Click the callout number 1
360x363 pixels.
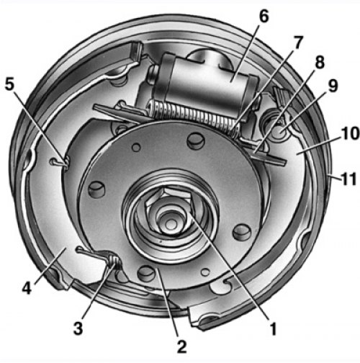[273, 328]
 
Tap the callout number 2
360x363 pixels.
[181, 346]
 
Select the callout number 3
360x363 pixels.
[78, 328]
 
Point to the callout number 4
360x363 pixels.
[27, 288]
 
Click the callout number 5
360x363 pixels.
[9, 84]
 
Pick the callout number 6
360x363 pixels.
[264, 16]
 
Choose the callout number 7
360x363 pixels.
[297, 42]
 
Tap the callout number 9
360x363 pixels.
[333, 86]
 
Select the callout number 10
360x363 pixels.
[351, 133]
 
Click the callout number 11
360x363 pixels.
[348, 179]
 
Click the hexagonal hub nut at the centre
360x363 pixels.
[169, 205]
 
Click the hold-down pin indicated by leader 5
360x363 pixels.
[60, 161]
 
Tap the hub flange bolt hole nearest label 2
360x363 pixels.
[145, 273]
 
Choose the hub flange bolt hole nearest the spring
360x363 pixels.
[196, 141]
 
